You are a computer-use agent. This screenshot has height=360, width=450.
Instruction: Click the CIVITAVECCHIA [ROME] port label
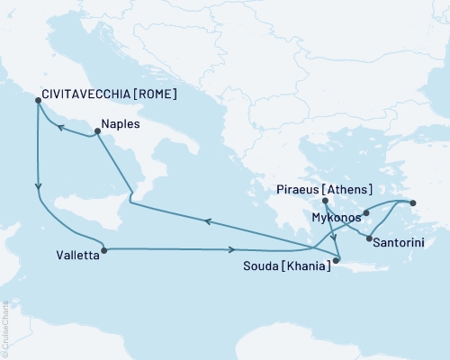[107, 92]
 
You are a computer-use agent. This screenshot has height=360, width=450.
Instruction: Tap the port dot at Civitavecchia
[37, 101]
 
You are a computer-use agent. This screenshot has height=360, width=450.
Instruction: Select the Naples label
[121, 125]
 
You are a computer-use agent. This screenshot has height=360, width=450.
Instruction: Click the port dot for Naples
[95, 134]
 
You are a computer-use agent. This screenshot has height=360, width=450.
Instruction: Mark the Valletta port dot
[104, 250]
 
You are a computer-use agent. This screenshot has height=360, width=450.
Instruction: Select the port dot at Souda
[336, 261]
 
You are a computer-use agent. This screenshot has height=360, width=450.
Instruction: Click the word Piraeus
[296, 189]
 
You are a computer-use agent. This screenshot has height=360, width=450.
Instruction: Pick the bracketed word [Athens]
[346, 189]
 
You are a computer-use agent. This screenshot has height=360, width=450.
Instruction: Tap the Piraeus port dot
[325, 201]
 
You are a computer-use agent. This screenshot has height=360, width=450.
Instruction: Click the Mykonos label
[336, 217]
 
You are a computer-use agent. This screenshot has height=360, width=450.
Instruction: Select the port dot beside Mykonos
[366, 214]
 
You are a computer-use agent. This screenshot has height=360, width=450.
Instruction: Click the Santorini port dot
[367, 238]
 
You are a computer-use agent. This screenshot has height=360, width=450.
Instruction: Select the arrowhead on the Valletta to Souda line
[232, 250]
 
